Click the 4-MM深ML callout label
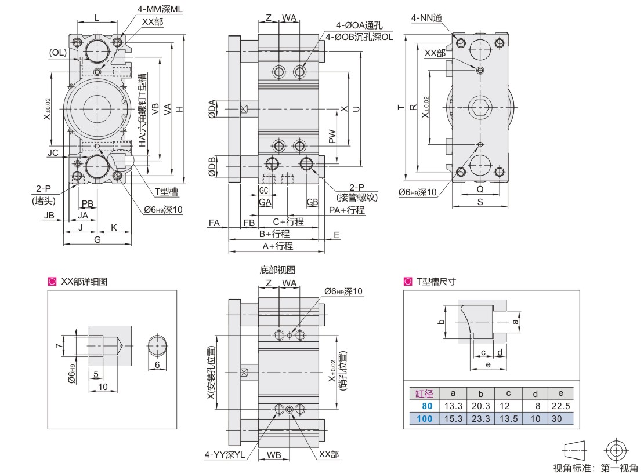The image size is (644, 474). pos(160,9)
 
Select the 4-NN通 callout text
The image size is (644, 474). pos(426,18)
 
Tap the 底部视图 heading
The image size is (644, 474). pos(277,270)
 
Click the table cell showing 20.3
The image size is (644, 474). pos(480,406)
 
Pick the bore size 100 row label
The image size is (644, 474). pos(424,418)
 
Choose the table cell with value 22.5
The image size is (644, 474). pos(560,406)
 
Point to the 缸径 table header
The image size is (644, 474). pos(424,393)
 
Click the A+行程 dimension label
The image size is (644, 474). pos(278,246)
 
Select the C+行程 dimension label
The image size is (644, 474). pos(288,222)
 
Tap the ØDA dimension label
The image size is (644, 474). pos(212,109)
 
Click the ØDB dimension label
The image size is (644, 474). pos(212,166)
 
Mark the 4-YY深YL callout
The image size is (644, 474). pos(225,455)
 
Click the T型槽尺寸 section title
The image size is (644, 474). pos(436,281)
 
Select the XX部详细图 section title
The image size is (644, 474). pos(84,281)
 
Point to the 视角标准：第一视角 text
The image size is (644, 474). pos(595,468)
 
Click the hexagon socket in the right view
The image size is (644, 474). pos(479,107)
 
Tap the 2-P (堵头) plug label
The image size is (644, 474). pos(43,195)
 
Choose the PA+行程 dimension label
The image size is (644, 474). pos(346,210)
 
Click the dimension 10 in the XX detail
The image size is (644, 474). pos(103,387)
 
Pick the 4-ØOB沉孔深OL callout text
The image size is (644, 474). pos(359,37)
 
